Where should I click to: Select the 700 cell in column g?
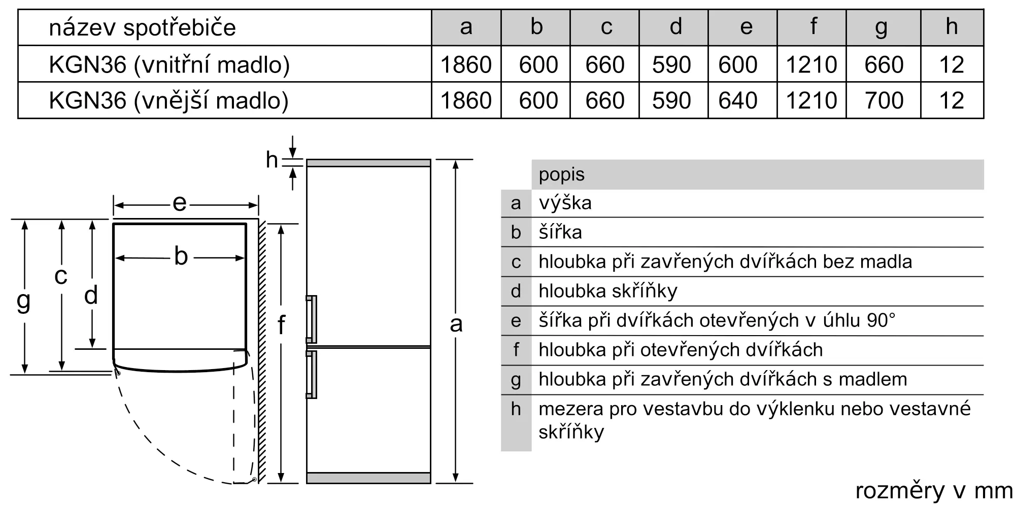coord(884,100)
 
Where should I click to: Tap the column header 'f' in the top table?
coord(814,26)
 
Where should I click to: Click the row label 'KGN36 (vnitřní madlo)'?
coord(169,65)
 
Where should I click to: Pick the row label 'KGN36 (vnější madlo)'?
coord(168,100)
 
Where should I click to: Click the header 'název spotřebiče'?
coord(142,27)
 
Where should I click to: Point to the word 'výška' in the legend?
coord(565,203)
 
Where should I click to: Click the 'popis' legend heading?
coord(561,175)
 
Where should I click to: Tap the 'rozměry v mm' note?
coord(934,490)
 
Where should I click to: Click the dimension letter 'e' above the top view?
coord(180,203)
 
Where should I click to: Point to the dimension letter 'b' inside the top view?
coord(181,256)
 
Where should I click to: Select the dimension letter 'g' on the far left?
coord(23,301)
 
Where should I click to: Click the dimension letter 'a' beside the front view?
coord(456,324)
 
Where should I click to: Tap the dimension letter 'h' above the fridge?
coord(272,160)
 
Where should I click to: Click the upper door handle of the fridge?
coord(311,319)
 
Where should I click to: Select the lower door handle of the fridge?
coord(311,375)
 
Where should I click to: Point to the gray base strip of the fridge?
coord(368,478)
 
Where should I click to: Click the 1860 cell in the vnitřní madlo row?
coord(466,65)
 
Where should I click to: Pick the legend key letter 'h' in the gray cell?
coord(516,409)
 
